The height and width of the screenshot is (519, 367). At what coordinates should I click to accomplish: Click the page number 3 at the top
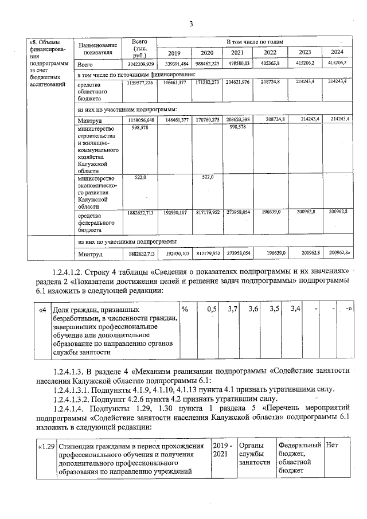(192, 24)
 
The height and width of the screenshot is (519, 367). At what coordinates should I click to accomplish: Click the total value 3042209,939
(140, 64)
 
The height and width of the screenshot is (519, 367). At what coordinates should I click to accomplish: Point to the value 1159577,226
(140, 83)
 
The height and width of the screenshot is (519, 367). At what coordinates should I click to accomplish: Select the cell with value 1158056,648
(140, 120)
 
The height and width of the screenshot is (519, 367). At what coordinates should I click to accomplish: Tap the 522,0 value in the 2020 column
(207, 178)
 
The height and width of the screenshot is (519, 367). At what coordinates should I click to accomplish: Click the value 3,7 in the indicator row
(233, 310)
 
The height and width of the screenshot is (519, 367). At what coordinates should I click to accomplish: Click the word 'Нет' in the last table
(332, 446)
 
